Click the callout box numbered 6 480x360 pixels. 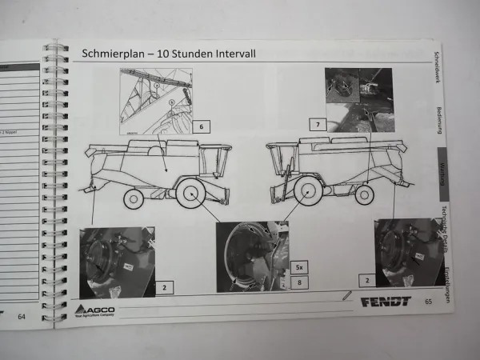[202, 126]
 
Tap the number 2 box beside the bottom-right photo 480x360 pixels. [366, 281]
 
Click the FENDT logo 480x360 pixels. [385, 302]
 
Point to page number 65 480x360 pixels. [428, 302]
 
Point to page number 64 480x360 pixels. [22, 317]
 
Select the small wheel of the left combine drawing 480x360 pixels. [134, 198]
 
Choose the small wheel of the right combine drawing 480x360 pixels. [365, 194]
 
